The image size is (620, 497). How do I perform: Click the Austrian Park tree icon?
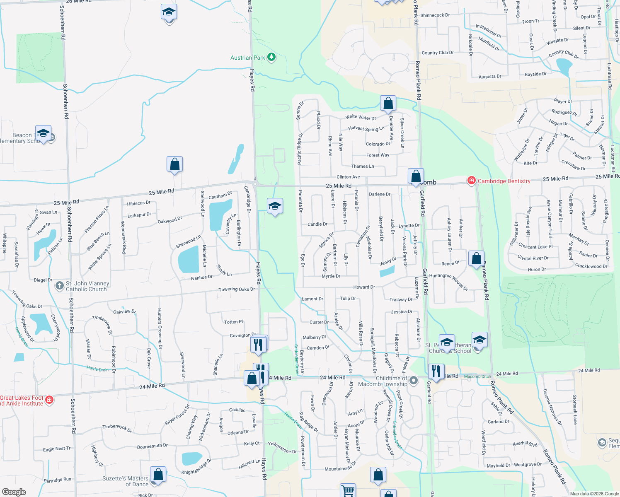tap(271, 57)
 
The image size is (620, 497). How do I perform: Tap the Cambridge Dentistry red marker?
tap(471, 181)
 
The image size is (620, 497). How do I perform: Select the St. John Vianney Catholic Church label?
tap(87, 286)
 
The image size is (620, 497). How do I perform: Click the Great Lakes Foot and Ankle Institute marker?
tap(49, 400)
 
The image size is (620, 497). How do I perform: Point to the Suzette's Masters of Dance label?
tap(125, 481)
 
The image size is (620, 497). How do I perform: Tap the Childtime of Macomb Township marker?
tap(413, 380)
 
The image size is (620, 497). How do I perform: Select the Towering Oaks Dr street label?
tap(237, 290)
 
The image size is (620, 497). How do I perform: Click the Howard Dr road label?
tap(364, 287)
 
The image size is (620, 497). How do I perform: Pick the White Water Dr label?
tap(361, 118)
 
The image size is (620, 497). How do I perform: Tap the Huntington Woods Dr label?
tap(448, 281)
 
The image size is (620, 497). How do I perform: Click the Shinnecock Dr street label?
tap(435, 15)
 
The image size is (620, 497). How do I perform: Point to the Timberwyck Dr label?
tap(117, 428)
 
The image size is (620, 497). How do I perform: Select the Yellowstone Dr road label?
tap(282, 448)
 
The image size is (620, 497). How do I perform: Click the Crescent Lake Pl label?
tap(535, 246)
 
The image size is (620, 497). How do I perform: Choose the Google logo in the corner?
tap(14, 492)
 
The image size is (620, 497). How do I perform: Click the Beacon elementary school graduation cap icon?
tap(43, 133)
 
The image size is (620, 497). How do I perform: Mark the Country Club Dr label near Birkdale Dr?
tap(438, 53)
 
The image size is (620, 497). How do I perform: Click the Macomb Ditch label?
tap(477, 376)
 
